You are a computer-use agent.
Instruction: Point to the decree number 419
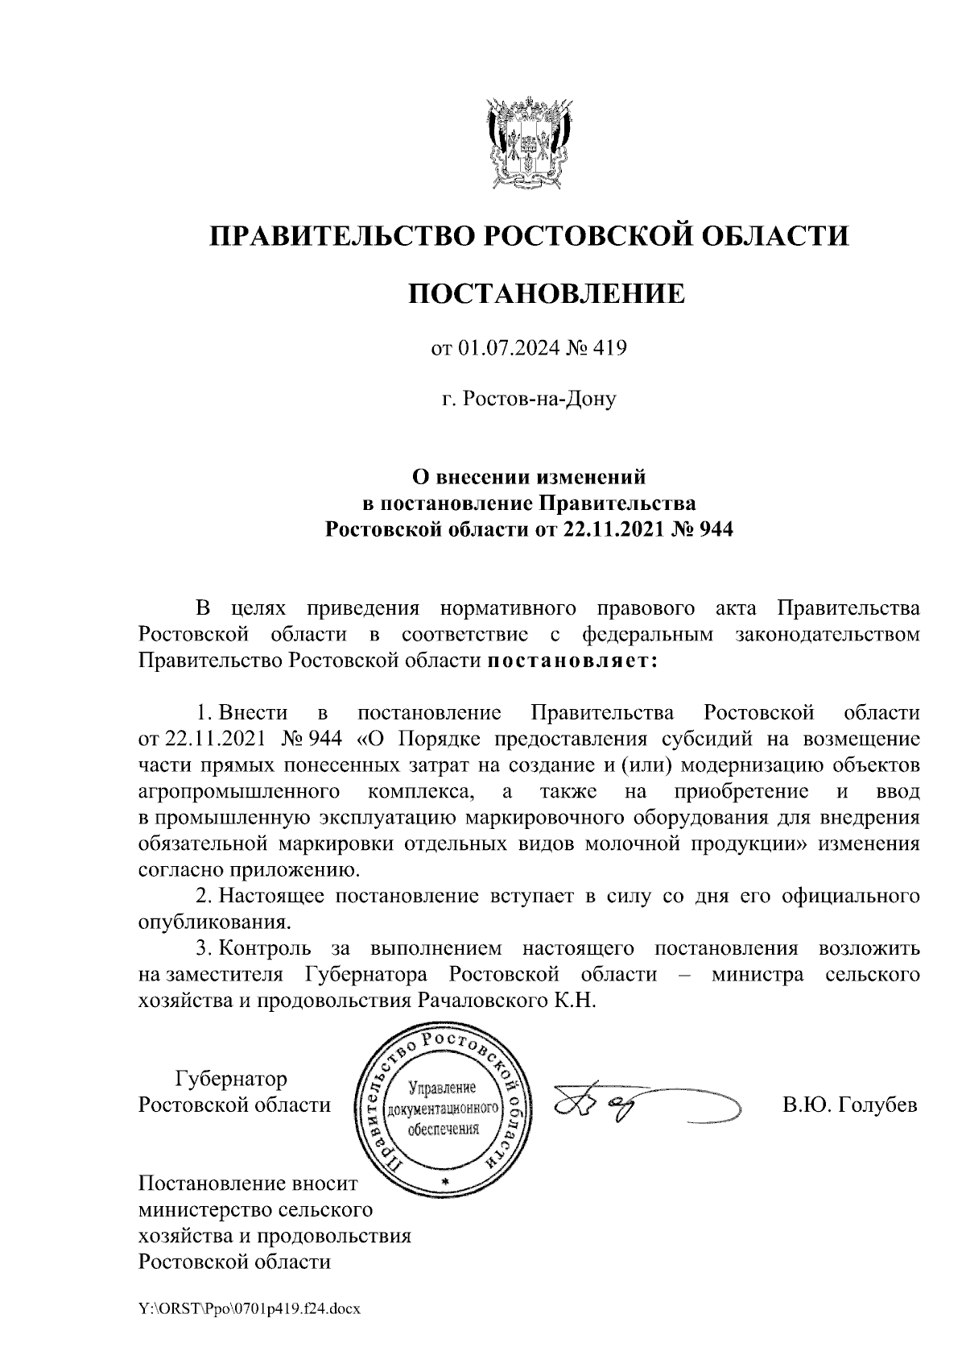[609, 349]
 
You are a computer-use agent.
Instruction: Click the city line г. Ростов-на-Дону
[529, 399]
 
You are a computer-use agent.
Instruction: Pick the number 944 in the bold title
[715, 530]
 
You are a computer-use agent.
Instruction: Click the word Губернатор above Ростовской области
[232, 1078]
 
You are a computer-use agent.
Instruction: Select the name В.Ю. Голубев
[850, 1105]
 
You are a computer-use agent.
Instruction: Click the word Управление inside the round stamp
[444, 1088]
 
